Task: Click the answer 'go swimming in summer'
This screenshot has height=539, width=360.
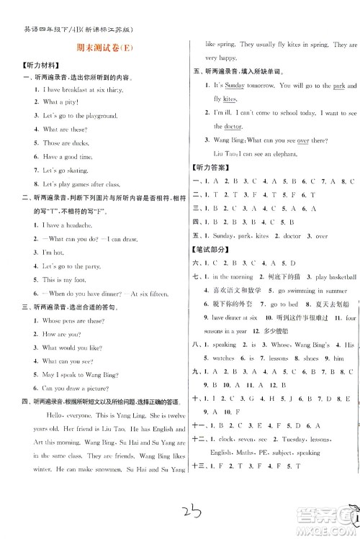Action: (x=297, y=291)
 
